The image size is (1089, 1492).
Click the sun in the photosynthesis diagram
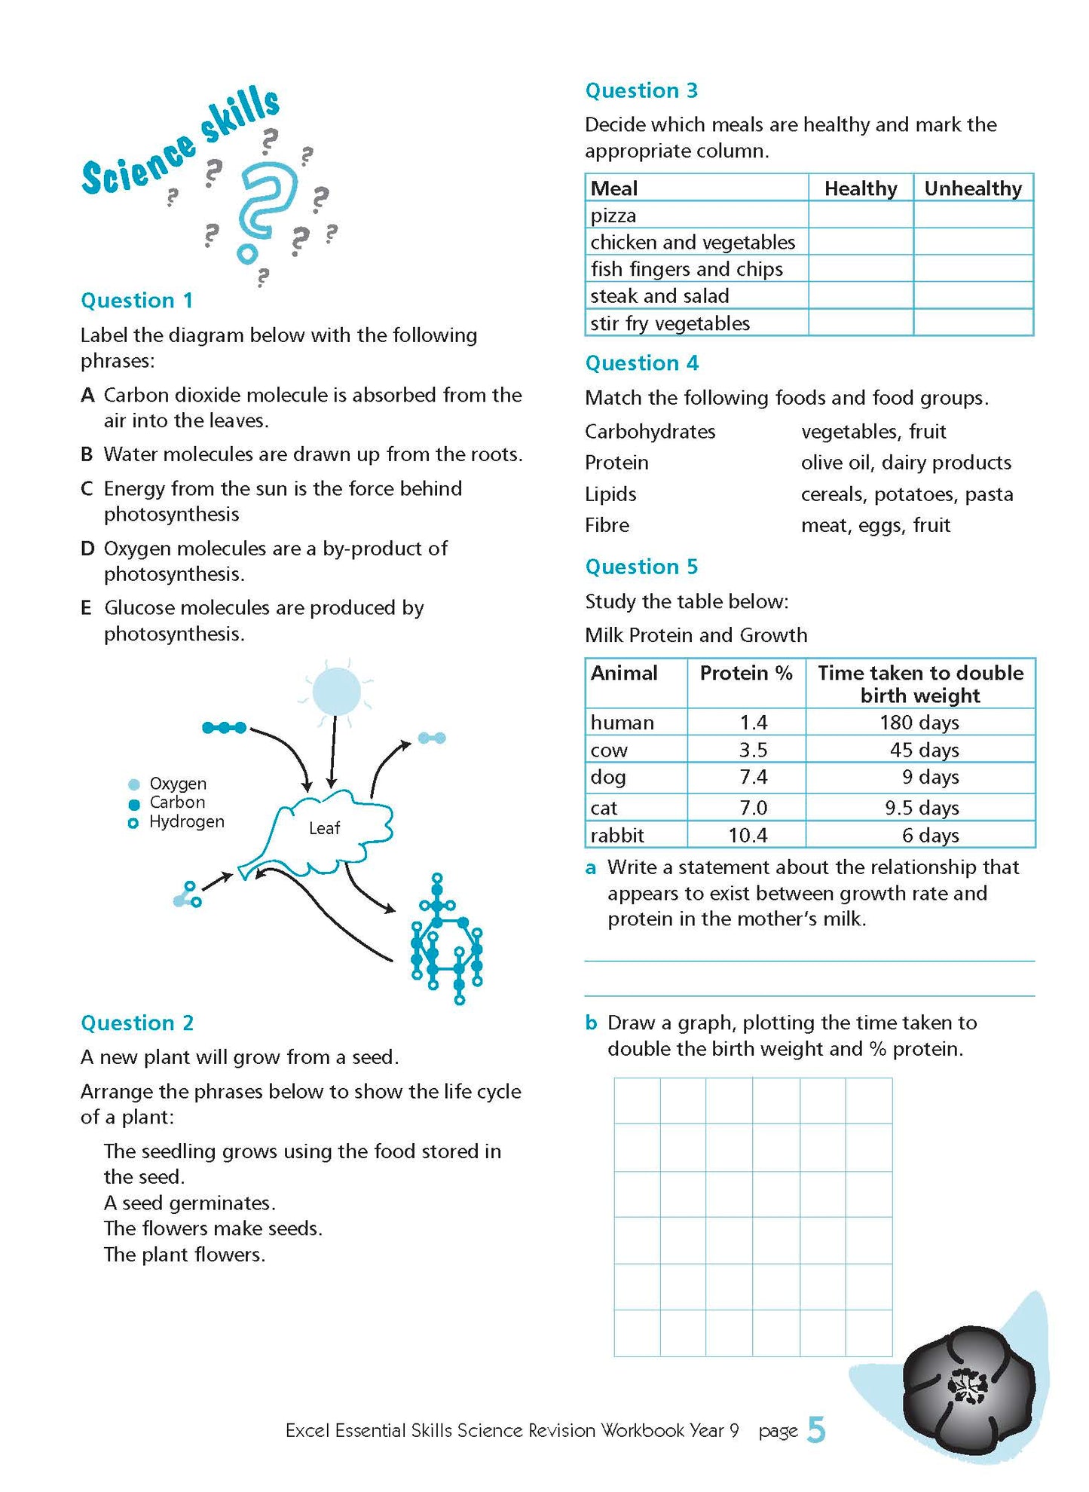point(336,691)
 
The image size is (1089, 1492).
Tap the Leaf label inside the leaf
point(324,828)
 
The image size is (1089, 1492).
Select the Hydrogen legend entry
point(185,822)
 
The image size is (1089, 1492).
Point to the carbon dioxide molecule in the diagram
point(224,728)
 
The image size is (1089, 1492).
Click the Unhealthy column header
point(972,188)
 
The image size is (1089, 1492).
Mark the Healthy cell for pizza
point(860,216)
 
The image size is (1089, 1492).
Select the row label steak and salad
point(659,296)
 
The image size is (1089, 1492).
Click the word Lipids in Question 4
point(610,494)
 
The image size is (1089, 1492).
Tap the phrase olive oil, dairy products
point(906,463)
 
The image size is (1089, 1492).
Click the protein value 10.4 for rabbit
point(748,835)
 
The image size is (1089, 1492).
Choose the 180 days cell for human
point(919,723)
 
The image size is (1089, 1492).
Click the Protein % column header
point(745,673)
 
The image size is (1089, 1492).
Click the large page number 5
point(816,1429)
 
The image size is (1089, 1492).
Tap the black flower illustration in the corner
point(968,1386)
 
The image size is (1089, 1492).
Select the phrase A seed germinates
point(189,1203)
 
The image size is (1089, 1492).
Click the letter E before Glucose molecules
point(86,608)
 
